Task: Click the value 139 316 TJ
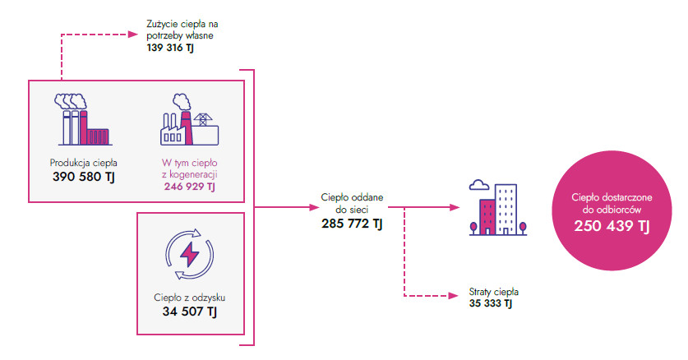pyautogui.click(x=170, y=49)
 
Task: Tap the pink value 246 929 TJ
pyautogui.click(x=189, y=187)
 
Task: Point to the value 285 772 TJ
pyautogui.click(x=352, y=223)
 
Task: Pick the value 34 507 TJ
pyautogui.click(x=190, y=312)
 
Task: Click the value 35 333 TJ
pyautogui.click(x=491, y=303)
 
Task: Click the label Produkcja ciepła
pyautogui.click(x=83, y=162)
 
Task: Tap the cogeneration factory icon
pyautogui.click(x=189, y=120)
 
